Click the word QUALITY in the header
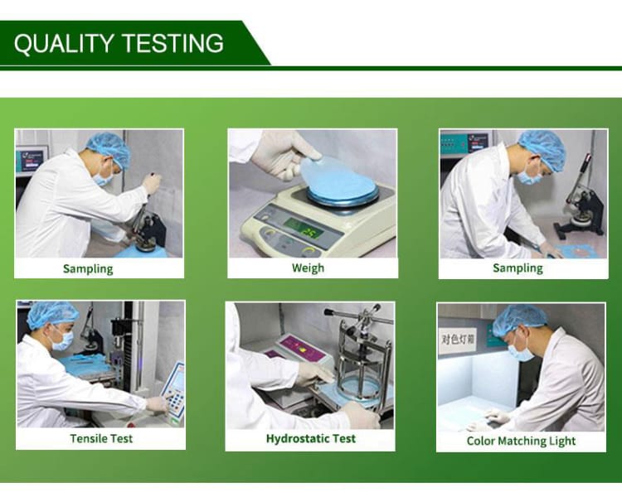64,43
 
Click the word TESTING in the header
173,43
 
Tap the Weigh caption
308,268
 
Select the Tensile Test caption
101,438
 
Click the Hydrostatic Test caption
311,438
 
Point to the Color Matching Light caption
521,441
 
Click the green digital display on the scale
304,229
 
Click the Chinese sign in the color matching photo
458,340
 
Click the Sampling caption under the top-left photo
88,268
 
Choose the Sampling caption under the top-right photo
518,268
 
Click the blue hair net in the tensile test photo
52,314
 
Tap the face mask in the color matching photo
521,351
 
